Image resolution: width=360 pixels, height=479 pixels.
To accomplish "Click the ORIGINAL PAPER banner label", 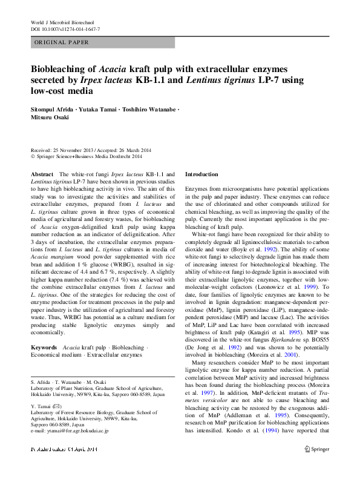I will [62, 42].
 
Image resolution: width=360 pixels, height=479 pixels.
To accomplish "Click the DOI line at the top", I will [65, 29].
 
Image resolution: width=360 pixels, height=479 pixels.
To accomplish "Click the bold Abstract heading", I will [42, 174].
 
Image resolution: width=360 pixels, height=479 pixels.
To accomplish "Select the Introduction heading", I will [201, 174].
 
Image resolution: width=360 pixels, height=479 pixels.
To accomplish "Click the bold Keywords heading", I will [44, 348].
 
